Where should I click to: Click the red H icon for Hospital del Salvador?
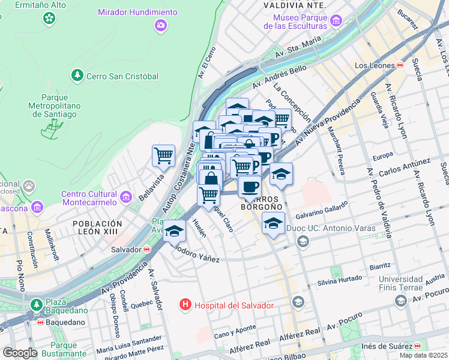click(186, 305)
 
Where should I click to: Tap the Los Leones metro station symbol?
click(400, 65)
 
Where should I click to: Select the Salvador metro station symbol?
click(146, 250)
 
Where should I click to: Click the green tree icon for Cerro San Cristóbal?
click(77, 75)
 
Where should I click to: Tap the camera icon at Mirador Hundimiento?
click(160, 25)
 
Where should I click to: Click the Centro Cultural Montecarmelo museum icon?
click(126, 196)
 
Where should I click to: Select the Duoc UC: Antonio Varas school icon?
click(303, 241)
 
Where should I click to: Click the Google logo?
click(20, 353)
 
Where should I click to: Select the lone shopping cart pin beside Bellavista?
click(163, 156)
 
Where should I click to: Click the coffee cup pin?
click(250, 186)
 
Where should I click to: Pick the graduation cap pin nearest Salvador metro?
click(175, 230)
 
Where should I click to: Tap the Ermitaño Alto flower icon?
click(48, 19)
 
